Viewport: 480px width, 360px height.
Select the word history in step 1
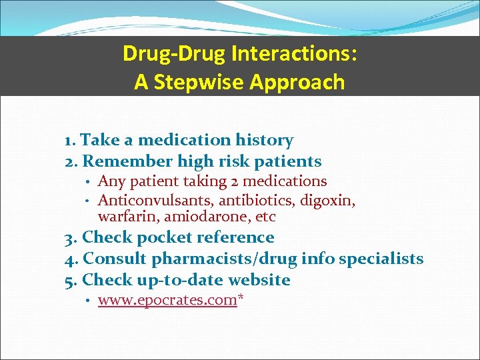pos(264,140)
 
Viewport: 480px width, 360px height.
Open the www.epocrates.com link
pos(167,300)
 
